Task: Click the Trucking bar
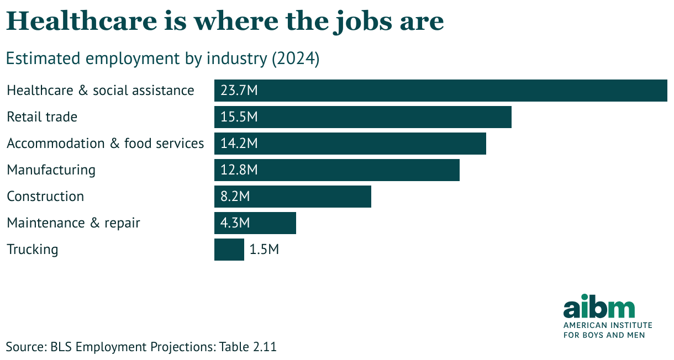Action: point(229,250)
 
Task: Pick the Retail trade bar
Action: point(387,117)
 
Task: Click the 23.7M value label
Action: point(239,91)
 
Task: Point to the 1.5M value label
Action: point(264,250)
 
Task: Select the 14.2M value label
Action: point(239,144)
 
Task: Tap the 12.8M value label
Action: point(239,170)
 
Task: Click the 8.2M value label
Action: point(235,197)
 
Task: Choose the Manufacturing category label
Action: point(51,170)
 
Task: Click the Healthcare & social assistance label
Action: point(101,91)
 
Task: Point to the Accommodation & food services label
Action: point(105,144)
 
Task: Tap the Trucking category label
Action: point(32,250)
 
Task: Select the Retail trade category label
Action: point(42,117)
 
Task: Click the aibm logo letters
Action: point(599,308)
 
